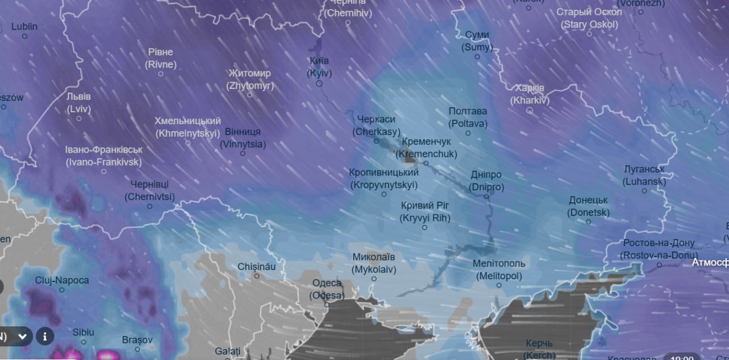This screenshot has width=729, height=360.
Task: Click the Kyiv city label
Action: click(319, 67)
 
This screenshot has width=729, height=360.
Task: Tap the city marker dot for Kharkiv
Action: click(529, 111)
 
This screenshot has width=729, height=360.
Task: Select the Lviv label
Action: click(79, 103)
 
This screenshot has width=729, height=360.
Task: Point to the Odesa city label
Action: click(327, 289)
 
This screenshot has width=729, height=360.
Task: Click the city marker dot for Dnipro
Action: click(486, 197)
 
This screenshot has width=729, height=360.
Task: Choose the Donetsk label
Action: click(588, 207)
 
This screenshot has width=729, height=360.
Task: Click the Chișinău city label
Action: click(256, 267)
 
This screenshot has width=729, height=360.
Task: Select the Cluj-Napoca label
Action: click(62, 280)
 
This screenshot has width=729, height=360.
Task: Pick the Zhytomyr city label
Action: click(249, 80)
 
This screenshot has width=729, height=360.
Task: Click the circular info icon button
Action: click(45, 336)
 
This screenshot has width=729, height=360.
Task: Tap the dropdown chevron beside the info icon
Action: click(23, 336)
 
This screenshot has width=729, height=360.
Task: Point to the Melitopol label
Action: click(499, 269)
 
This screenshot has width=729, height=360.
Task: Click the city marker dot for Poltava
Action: click(468, 133)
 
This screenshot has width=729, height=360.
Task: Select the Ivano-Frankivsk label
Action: click(104, 156)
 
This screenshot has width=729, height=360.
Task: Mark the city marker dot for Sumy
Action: click(477, 56)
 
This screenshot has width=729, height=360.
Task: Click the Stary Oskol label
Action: click(589, 18)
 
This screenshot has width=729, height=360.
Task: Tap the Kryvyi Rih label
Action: click(425, 212)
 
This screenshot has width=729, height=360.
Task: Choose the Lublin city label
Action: click(24, 26)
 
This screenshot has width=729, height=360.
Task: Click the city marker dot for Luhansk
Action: click(645, 191)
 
